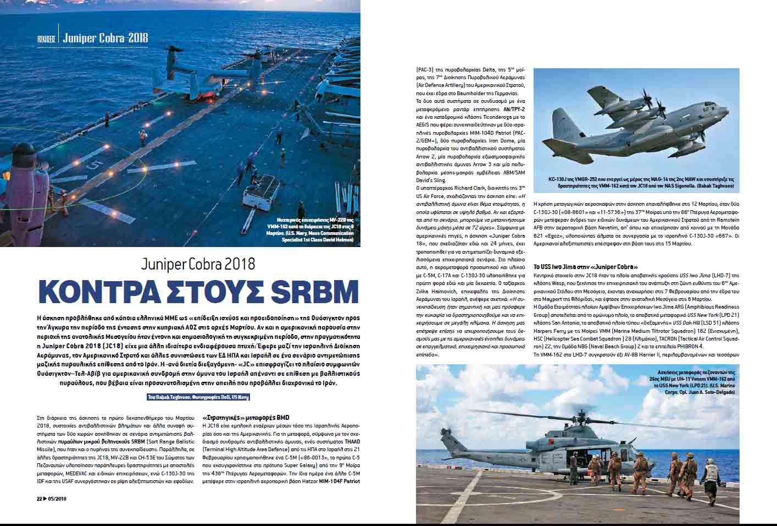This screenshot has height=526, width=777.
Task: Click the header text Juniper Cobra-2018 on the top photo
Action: (x=105, y=38)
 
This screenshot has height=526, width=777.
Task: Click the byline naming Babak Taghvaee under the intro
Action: (x=198, y=397)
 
